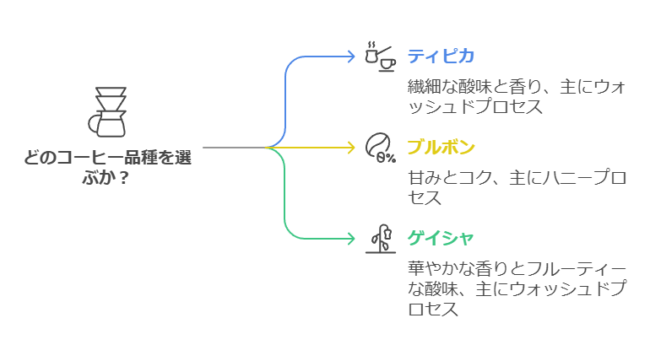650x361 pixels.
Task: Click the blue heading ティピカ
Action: [441, 57]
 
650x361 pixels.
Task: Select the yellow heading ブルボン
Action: [441, 148]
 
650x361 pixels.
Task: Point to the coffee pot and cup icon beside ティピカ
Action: [380, 55]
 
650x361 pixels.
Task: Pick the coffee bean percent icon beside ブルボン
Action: [380, 147]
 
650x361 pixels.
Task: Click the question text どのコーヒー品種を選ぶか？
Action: [107, 167]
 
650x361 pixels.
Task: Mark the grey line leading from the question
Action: [232, 148]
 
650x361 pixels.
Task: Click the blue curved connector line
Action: [287, 93]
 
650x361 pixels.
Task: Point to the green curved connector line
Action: [287, 202]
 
